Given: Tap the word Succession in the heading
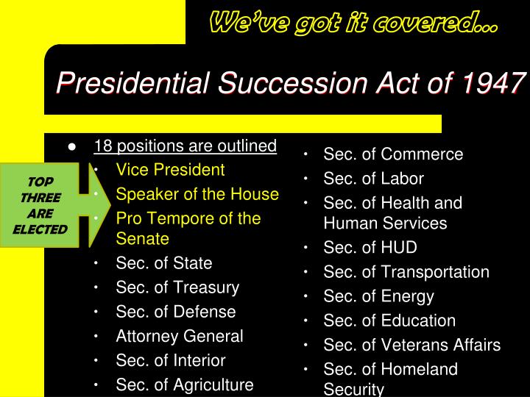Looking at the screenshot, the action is tap(293, 82).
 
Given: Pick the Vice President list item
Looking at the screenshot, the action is tap(170, 170).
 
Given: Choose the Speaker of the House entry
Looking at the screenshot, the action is tap(197, 194).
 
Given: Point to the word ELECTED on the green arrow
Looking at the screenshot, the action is tap(40, 229).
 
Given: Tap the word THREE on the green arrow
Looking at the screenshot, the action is tap(40, 198).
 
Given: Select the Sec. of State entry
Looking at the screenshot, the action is tap(164, 263).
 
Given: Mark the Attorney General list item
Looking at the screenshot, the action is tap(180, 336).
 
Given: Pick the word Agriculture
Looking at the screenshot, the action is tap(213, 385).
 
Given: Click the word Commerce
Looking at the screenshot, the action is tap(423, 154).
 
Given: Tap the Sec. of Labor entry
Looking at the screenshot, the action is tap(373, 179).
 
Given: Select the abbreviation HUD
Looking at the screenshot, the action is tap(399, 248).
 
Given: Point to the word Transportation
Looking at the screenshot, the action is tap(435, 272).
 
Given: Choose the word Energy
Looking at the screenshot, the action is tap(408, 297).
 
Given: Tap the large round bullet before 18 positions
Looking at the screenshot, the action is tap(72, 147).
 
